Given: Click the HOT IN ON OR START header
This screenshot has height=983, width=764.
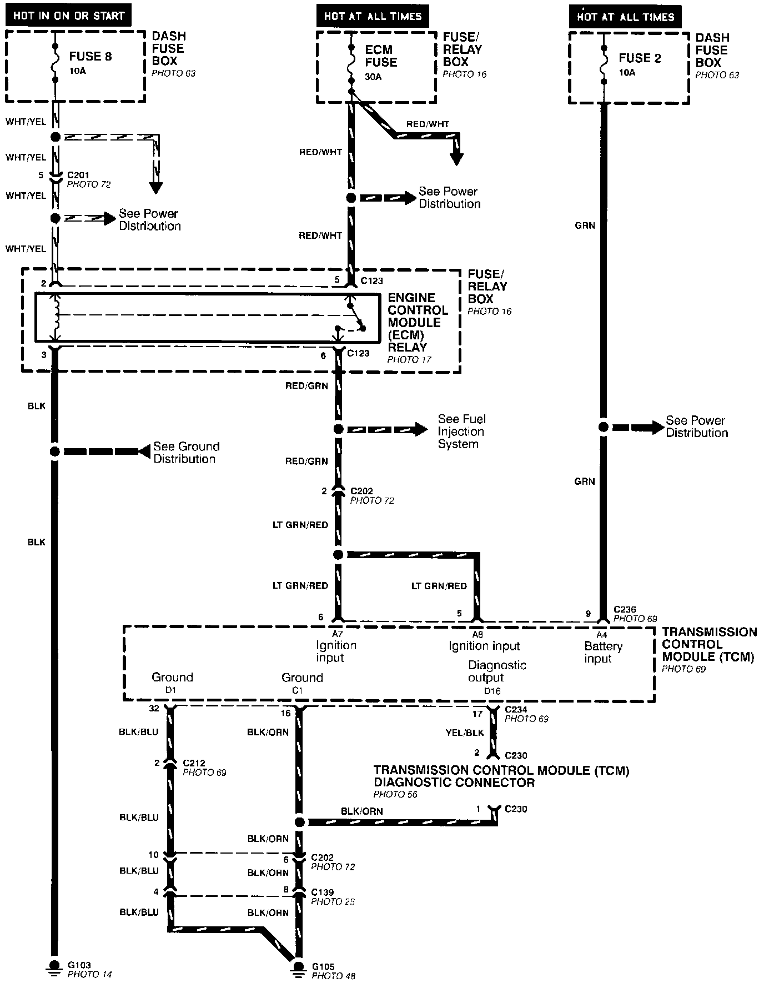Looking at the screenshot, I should coord(68,16).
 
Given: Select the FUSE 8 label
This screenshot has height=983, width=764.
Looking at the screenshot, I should coord(90,56).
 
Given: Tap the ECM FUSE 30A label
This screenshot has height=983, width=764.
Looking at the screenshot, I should coord(381,62).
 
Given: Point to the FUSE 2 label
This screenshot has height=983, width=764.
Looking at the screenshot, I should coord(640,58).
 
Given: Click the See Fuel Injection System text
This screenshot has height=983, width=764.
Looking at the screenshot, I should coord(461,432).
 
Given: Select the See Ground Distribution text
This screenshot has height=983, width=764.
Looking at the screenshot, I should coord(186,453).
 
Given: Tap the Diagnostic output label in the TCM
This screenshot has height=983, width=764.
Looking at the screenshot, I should coord(496,671).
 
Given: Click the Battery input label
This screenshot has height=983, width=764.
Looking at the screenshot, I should coord(603,652).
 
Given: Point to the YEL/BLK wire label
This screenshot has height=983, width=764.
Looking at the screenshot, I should coord(464,733).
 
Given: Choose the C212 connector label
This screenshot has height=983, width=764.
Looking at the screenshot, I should coord(194,763).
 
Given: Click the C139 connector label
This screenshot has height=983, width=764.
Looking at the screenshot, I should coord(322,892).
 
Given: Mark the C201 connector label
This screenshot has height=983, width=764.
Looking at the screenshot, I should coord(78,175).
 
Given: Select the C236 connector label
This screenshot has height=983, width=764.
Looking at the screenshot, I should coord(625,609).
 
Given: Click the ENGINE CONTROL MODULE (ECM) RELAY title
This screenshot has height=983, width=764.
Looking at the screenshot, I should coord(418,322).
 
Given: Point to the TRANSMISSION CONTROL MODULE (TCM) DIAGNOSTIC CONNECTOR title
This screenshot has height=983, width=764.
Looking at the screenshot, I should coord(501,776).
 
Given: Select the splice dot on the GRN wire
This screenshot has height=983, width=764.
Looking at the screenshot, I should coord(604,427).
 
